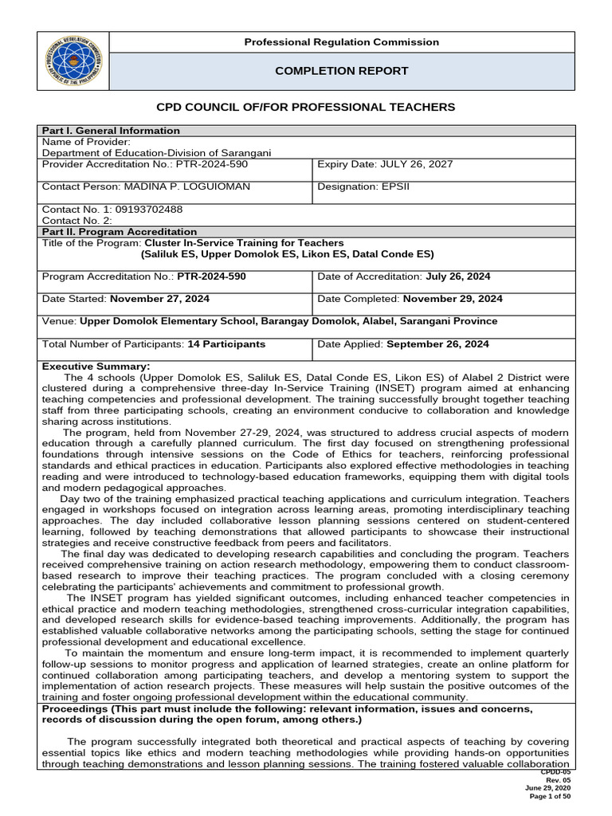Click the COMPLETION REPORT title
pyautogui.click(x=341, y=71)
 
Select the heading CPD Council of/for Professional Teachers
pyautogui.click(x=305, y=107)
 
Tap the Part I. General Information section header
pyautogui.click(x=111, y=131)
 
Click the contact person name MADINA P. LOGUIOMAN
pyautogui.click(x=182, y=186)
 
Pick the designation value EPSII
pyautogui.click(x=410, y=186)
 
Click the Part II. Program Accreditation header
pyautogui.click(x=119, y=232)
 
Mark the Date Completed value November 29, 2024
pyautogui.click(x=453, y=299)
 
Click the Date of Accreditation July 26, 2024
pyautogui.click(x=458, y=277)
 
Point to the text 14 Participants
pyautogui.click(x=226, y=344)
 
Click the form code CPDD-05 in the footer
pyautogui.click(x=555, y=772)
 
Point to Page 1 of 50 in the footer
pyautogui.click(x=549, y=796)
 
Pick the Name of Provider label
pyautogui.click(x=85, y=142)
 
